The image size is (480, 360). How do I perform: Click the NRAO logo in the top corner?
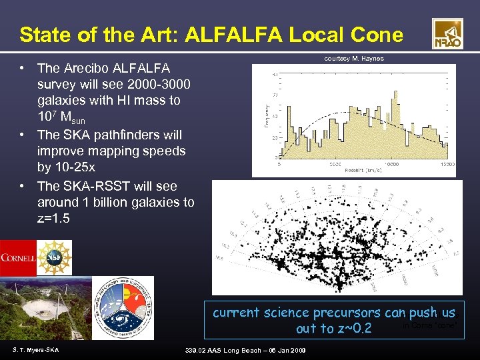(447, 34)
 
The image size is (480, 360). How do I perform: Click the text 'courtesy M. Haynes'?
(353, 59)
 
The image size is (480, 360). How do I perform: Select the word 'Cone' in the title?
(379, 35)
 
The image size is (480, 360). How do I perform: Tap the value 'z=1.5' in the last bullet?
(55, 219)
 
